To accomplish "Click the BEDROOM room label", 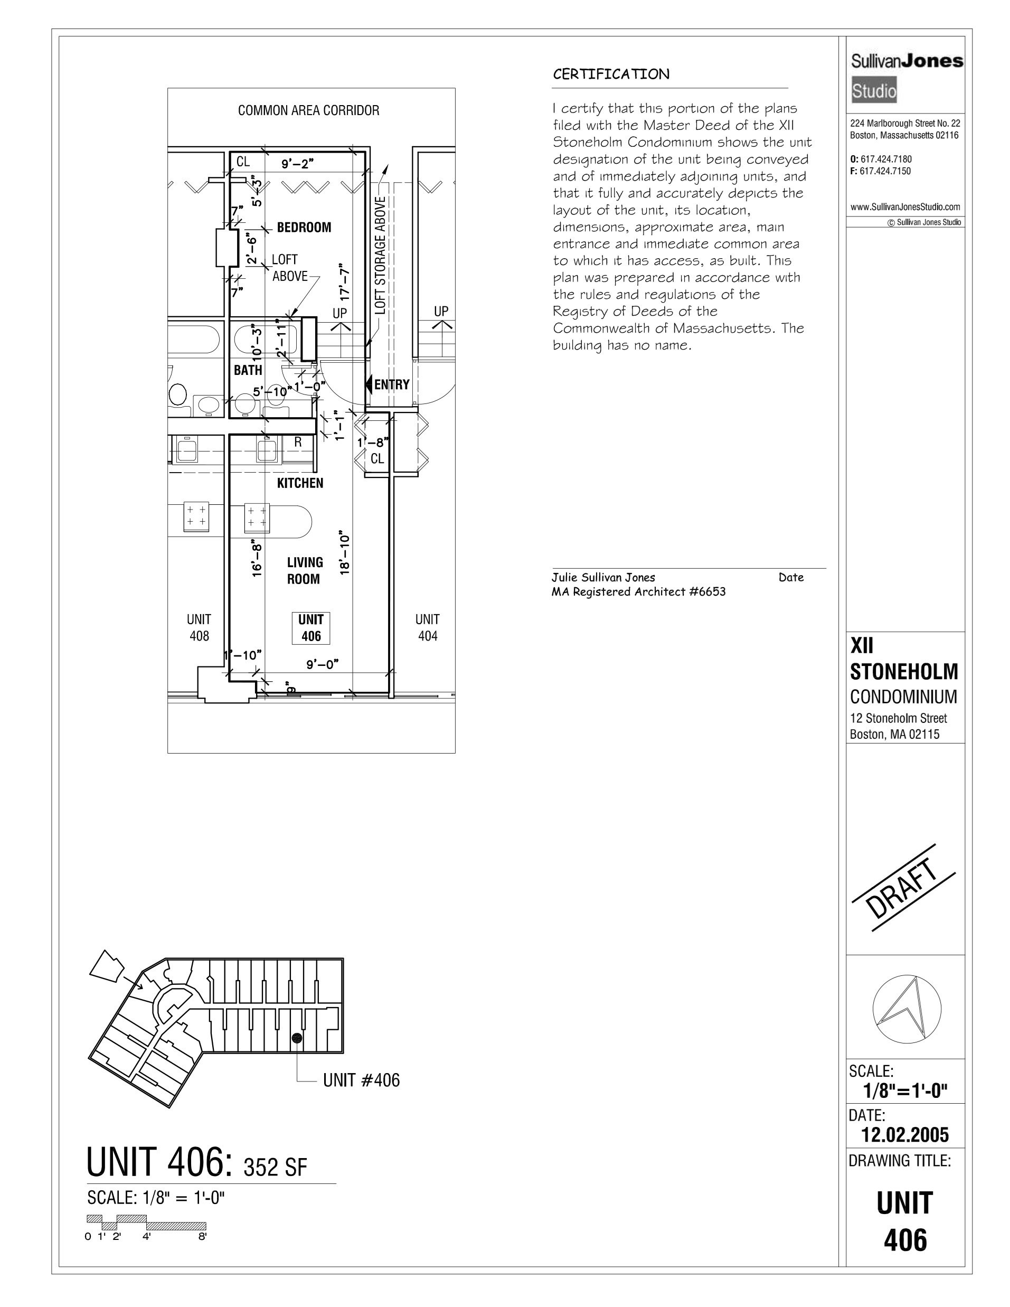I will point(304,228).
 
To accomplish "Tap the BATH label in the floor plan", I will point(248,370).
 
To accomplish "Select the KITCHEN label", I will point(300,483).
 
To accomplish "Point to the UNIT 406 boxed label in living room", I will point(311,628).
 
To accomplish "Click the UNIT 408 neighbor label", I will point(199,628).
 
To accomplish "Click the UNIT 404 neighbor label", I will point(427,628).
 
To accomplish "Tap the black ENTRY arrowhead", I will point(369,384).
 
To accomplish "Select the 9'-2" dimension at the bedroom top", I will point(297,164).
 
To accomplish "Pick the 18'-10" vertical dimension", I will point(345,552).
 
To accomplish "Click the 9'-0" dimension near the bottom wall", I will point(323,664).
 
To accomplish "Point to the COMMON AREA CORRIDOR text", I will point(308,111).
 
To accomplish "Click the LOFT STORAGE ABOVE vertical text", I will point(381,255).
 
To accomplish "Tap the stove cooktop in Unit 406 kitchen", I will point(257,517).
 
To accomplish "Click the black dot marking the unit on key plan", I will point(296,1038).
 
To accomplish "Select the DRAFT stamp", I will point(902,888).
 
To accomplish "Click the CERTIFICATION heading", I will point(611,75).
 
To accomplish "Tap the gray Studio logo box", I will point(874,91).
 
